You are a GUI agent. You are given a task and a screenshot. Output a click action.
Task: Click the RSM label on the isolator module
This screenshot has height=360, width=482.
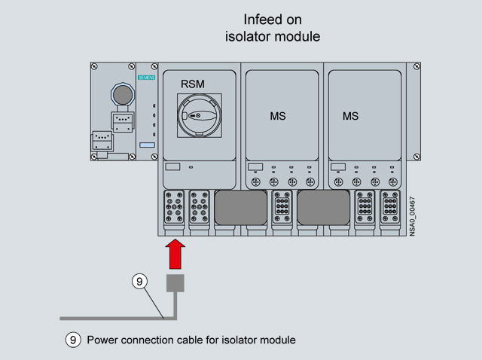[x=193, y=84]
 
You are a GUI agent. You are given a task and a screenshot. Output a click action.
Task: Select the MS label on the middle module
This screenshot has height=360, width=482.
[x=278, y=117]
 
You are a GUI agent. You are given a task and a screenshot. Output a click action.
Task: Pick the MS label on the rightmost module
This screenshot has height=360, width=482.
[x=350, y=117]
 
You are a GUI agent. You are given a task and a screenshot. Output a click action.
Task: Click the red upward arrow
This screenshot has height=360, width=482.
[x=175, y=252]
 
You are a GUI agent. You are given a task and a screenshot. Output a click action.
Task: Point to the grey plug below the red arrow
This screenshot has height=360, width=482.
[x=175, y=283]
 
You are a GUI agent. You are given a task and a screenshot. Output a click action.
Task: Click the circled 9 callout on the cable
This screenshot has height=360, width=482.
[x=139, y=282]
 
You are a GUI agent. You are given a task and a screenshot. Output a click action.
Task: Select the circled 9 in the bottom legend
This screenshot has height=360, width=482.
[x=73, y=340]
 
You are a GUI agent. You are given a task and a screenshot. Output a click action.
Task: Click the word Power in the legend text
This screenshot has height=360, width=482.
[x=102, y=340]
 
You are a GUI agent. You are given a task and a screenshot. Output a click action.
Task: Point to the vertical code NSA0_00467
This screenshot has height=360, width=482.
[x=412, y=216]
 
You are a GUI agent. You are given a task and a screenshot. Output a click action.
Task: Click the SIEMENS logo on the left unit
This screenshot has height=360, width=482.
[x=146, y=78]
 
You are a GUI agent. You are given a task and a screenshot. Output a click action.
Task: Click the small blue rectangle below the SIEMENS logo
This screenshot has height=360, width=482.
[x=147, y=144]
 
